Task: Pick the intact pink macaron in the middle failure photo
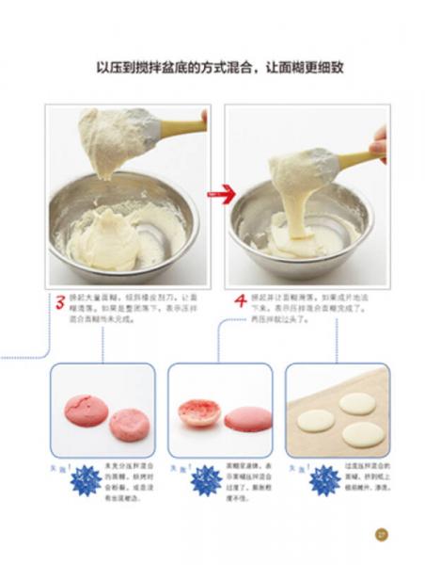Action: (247, 419)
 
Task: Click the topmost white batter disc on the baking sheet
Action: (357, 403)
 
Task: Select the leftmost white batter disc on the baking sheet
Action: (316, 420)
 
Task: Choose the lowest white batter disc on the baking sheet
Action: (362, 434)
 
